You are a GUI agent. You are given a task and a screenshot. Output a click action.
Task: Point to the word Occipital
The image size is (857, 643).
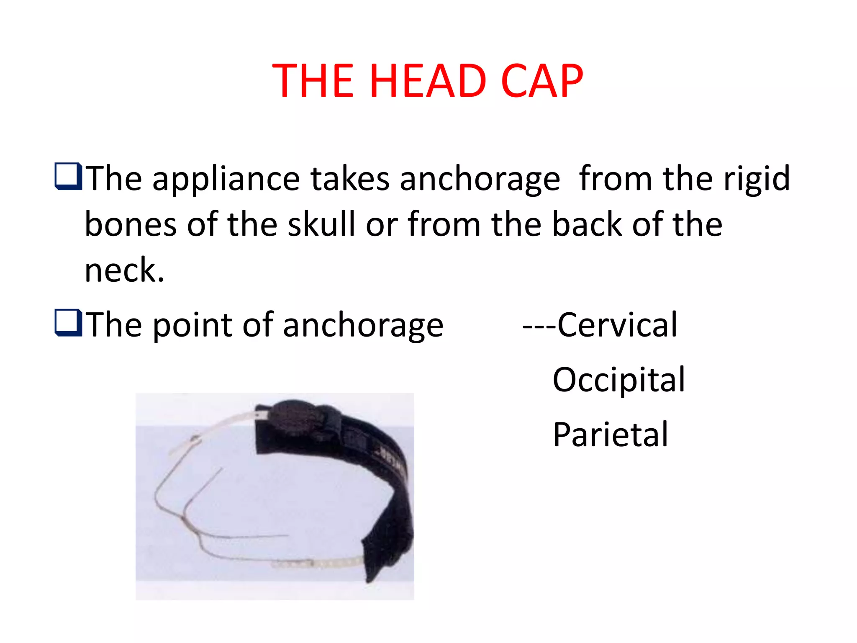click(619, 380)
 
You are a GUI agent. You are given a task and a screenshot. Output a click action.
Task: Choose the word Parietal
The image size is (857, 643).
click(611, 435)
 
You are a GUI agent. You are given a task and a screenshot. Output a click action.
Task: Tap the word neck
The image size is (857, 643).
click(124, 270)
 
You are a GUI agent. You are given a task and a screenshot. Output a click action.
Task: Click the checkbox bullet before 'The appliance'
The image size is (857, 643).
click(68, 176)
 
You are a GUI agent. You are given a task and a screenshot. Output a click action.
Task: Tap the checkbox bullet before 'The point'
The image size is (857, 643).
click(68, 322)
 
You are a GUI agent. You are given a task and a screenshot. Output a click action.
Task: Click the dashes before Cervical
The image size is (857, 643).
click(539, 326)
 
